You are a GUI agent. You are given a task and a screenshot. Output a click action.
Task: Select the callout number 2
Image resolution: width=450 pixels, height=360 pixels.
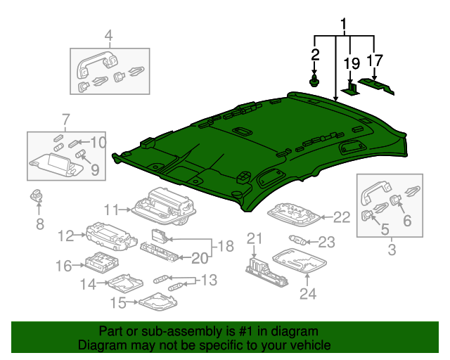pyautogui.click(x=315, y=54)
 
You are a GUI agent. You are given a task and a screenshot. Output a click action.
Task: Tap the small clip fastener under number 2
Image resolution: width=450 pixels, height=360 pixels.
pyautogui.click(x=314, y=82)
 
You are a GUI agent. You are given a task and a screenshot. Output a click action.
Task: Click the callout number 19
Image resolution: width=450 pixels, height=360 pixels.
pyautogui.click(x=351, y=65)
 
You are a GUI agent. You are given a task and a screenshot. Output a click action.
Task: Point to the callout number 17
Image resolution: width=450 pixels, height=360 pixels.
pyautogui.click(x=374, y=60)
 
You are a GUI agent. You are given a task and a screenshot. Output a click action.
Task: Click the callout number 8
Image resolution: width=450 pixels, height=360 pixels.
pyautogui.click(x=39, y=224)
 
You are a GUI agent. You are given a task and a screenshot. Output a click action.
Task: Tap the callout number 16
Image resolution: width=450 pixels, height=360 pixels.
pyautogui.click(x=64, y=266)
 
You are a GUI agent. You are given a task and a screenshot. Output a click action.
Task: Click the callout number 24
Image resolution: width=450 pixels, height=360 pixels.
pyautogui.click(x=307, y=293)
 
